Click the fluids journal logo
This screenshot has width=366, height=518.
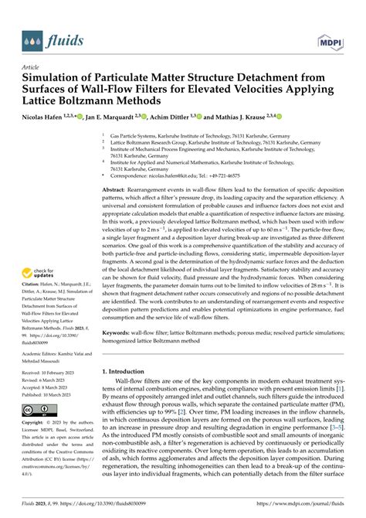[49, 39]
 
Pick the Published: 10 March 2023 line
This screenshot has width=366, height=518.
[48, 394]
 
